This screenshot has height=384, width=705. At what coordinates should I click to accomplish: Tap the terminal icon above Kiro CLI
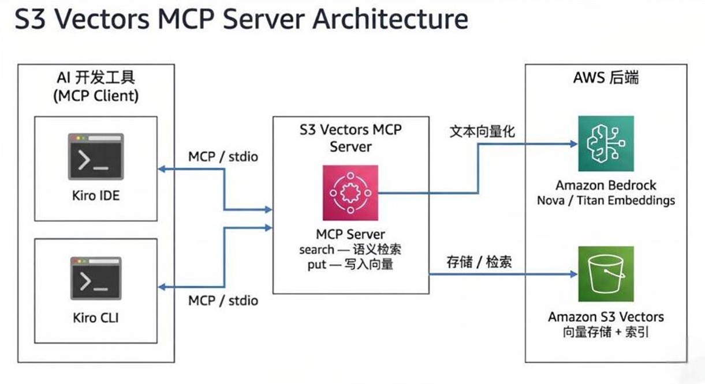96,278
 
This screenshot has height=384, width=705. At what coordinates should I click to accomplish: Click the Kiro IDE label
96,196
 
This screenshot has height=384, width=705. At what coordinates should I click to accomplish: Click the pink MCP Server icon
350,193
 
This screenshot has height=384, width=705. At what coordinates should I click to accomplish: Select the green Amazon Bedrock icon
606,144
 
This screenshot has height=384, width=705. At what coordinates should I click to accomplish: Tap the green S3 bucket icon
606,274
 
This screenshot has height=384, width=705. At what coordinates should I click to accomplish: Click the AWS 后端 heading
606,78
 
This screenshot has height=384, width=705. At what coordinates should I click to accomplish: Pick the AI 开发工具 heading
96,78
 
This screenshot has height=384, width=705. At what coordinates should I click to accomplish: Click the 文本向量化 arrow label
482,131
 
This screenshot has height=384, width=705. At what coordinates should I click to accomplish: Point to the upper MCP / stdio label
223,157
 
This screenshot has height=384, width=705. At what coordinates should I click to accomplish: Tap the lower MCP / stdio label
223,300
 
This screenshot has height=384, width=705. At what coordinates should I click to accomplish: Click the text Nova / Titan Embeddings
606,201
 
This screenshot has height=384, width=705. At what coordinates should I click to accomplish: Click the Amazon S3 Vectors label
606,317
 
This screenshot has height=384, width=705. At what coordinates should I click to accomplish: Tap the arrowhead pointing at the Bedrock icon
573,144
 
